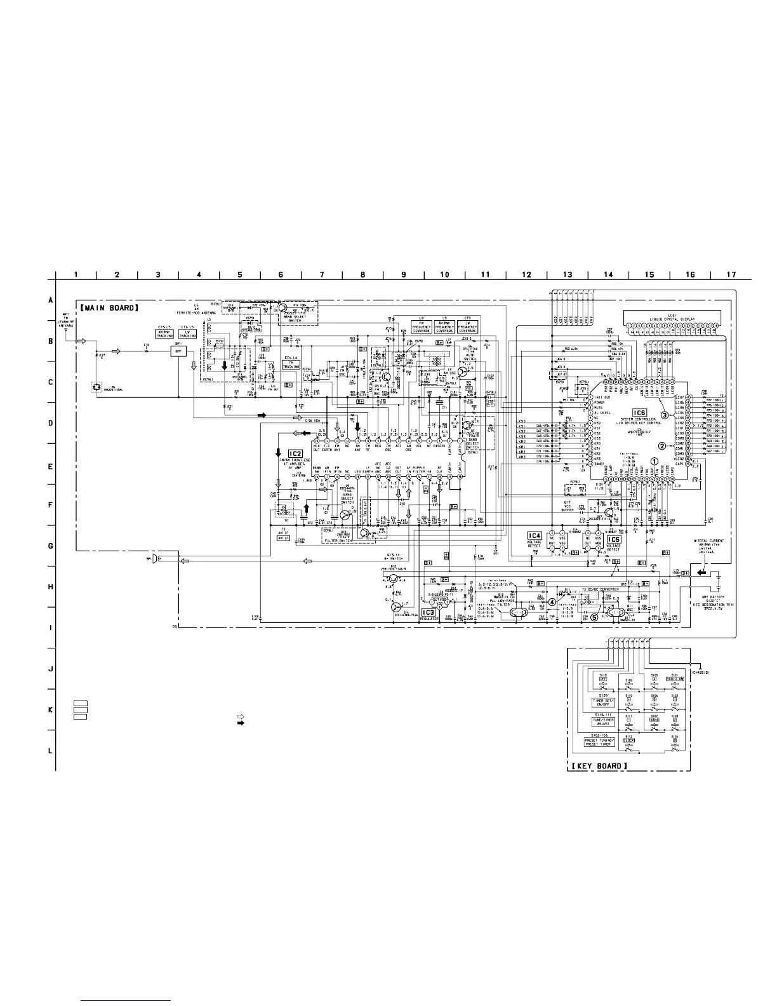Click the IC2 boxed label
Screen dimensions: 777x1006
tap(295, 453)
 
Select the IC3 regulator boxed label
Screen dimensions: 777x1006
tap(428, 612)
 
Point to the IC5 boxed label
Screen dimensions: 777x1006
tap(613, 539)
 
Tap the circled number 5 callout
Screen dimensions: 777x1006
tap(594, 616)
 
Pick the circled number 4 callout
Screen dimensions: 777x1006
tap(552, 602)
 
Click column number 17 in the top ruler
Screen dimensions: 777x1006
tap(731, 274)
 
